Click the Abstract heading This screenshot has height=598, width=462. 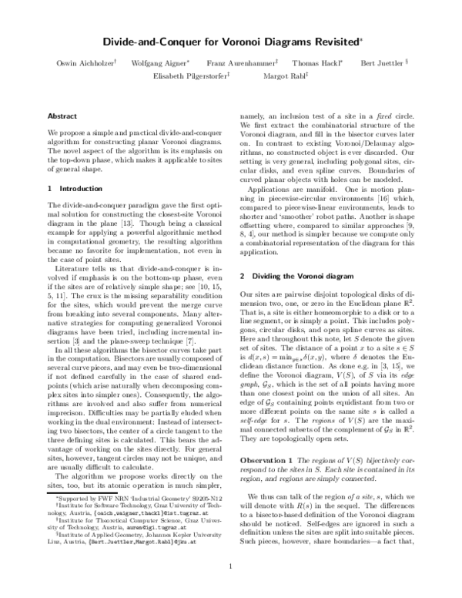62,116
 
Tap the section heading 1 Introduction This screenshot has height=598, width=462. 69,187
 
